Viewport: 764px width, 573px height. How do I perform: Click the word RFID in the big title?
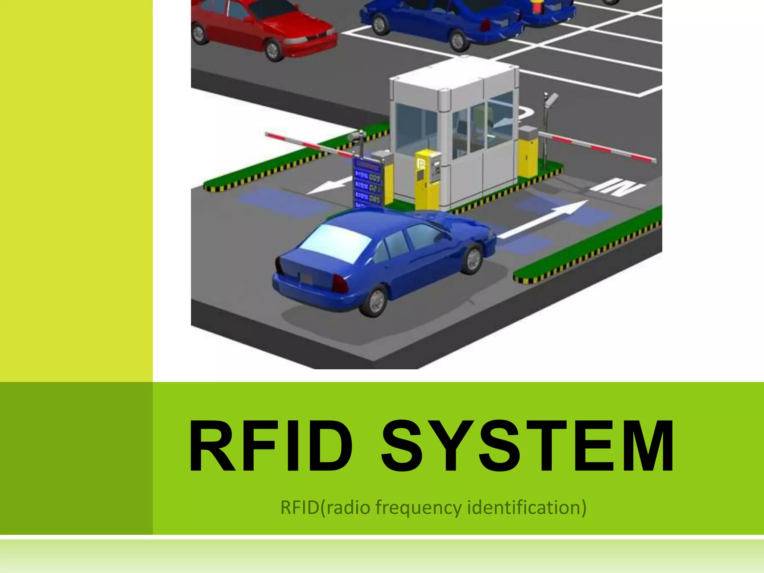tap(271, 446)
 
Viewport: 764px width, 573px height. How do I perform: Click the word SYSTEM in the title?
tap(527, 446)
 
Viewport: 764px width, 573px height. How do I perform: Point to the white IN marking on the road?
tap(617, 187)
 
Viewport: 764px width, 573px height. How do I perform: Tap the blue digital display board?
tap(368, 183)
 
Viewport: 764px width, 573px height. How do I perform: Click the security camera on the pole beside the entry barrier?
tap(551, 99)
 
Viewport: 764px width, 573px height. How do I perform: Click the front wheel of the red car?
tap(273, 50)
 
